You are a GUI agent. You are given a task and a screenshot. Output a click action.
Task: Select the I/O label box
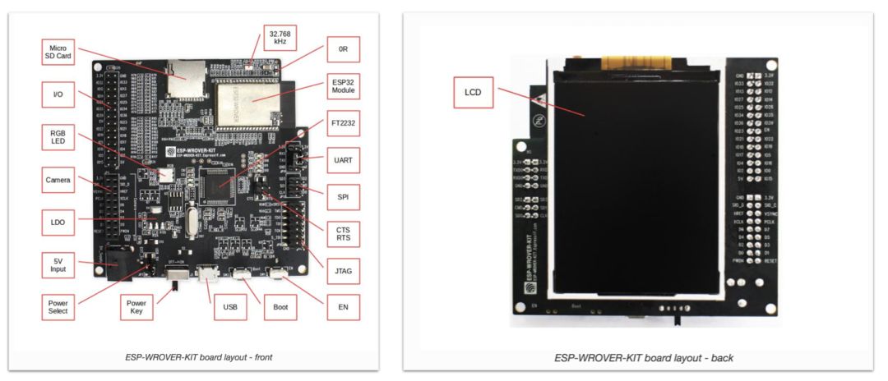pos(58,95)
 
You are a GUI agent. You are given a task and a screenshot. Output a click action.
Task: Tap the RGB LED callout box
pos(58,136)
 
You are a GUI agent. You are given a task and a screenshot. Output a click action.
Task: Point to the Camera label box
pos(58,179)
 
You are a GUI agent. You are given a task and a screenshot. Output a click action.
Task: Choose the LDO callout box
pos(58,221)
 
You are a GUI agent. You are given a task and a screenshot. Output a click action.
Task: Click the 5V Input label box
pos(58,264)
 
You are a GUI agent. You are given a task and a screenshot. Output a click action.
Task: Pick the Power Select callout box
pos(58,305)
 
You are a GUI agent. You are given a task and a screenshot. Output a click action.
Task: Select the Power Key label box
pos(136,305)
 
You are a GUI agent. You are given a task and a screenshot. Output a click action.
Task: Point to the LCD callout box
pos(473,92)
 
